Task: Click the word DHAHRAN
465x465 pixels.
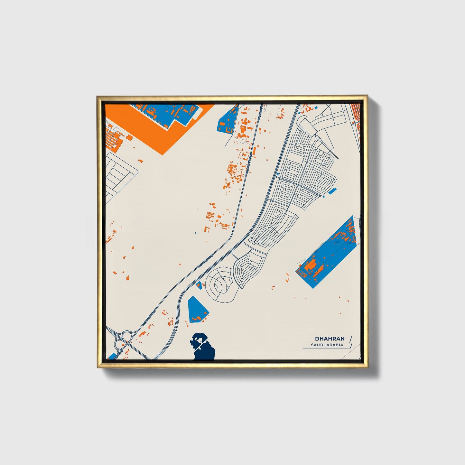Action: [330, 339]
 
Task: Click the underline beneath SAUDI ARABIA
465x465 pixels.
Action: [325, 348]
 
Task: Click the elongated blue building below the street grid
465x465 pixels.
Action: [331, 191]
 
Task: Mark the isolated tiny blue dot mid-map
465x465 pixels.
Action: [195, 232]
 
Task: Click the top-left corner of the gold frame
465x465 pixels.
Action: [97, 96]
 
